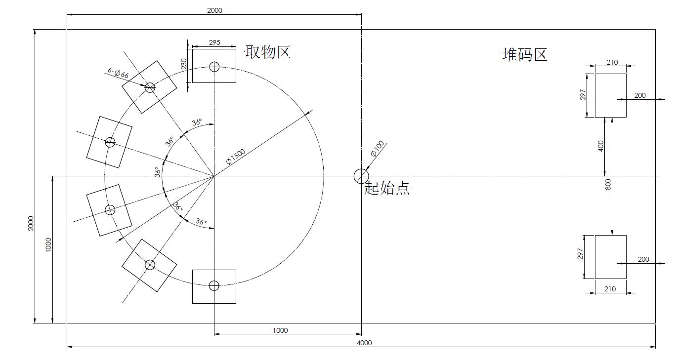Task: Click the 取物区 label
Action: (268, 52)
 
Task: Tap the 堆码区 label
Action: (525, 55)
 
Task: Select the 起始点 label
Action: (387, 188)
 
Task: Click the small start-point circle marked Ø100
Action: (361, 176)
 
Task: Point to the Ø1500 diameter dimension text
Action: (236, 157)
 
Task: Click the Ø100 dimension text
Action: (378, 149)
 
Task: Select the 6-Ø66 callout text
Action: (118, 73)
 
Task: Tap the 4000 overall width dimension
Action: (364, 343)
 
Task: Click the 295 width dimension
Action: (214, 42)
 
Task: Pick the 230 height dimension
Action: (184, 64)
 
